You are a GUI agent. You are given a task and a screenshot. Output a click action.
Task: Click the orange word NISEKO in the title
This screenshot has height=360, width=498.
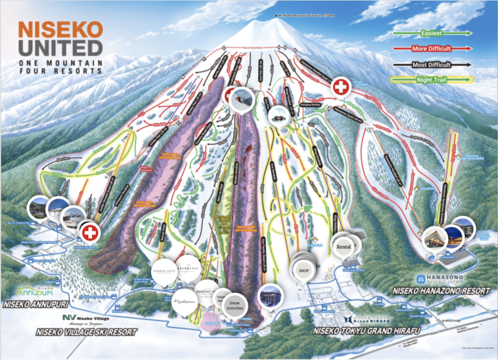[x=60, y=29]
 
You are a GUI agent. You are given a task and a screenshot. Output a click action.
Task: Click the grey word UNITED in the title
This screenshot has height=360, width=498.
[x=60, y=47]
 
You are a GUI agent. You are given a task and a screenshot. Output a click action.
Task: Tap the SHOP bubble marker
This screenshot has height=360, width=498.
[x=303, y=269]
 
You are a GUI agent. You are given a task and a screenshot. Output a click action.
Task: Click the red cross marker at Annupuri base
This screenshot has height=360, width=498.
[x=88, y=232]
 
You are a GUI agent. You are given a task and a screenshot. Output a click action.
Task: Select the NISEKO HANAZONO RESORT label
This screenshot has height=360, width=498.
[x=441, y=291]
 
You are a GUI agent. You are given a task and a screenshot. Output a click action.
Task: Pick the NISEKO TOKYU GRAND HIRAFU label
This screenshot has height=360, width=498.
[x=361, y=331]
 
